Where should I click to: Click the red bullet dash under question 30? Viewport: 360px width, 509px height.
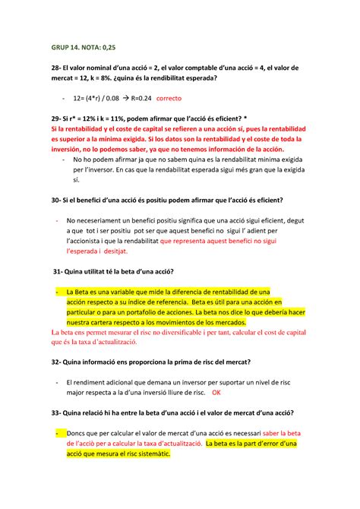(x=58, y=219)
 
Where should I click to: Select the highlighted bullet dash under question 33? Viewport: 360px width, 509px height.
(x=58, y=432)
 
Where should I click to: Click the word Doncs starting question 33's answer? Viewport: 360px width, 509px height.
(x=79, y=432)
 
